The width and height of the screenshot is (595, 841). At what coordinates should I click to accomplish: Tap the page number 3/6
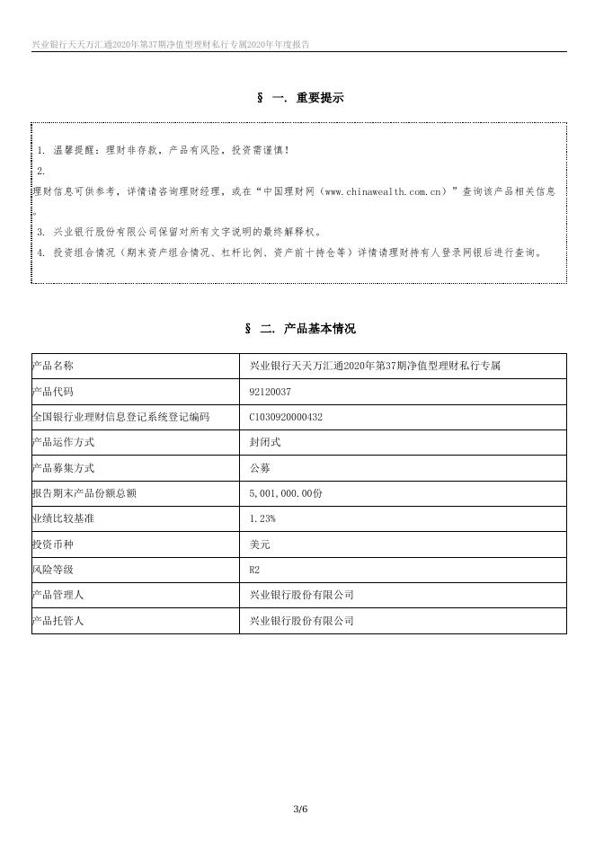(x=300, y=810)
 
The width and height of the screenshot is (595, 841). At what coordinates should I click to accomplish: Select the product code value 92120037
(x=271, y=392)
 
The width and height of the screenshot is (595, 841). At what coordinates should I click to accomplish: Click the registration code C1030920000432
(x=286, y=417)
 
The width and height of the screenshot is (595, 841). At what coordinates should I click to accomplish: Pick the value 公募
(x=260, y=468)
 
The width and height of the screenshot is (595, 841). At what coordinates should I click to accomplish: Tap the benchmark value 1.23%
(x=262, y=518)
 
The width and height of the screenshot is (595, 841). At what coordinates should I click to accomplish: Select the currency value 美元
(x=260, y=544)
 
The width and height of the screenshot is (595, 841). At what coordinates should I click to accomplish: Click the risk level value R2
(x=254, y=570)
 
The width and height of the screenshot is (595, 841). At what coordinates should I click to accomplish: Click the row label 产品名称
(x=52, y=366)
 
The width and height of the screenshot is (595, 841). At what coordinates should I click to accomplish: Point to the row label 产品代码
(x=52, y=392)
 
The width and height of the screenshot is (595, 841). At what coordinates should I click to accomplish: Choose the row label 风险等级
(x=52, y=570)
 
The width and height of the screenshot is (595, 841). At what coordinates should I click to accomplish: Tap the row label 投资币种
(x=52, y=544)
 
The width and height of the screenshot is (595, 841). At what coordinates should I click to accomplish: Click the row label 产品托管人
(x=58, y=621)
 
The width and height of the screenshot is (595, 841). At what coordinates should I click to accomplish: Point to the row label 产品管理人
(x=58, y=595)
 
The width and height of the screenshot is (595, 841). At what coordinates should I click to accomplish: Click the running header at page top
(x=171, y=43)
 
